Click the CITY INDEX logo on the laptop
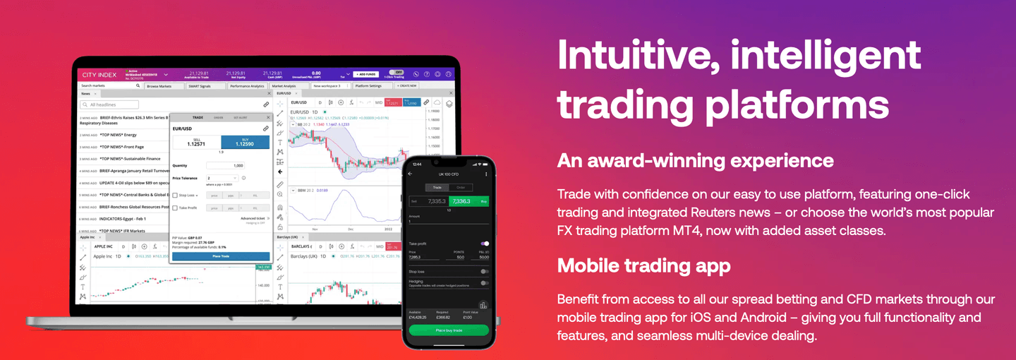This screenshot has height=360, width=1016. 99,74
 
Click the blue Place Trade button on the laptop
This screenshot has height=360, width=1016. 221,256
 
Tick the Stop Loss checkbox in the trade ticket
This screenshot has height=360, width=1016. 175,195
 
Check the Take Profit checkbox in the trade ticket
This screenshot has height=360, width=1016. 175,208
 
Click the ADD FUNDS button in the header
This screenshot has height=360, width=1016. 366,73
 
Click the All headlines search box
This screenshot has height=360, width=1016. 120,104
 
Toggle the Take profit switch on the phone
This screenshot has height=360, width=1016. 484,244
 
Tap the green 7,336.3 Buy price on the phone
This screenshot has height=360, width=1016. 466,201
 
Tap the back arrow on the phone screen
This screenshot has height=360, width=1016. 410,174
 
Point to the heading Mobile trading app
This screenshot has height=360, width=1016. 643,265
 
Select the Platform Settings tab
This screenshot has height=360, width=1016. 368,86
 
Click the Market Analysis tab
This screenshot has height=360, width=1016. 284,86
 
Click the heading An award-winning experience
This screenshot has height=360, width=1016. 695,160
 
